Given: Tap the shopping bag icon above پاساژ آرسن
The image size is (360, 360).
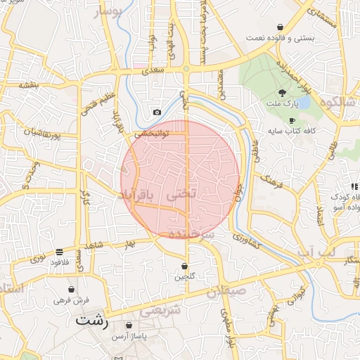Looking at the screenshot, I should [129, 326].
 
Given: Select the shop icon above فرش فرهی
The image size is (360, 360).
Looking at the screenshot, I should [71, 289].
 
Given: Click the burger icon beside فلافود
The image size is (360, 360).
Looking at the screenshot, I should [59, 251].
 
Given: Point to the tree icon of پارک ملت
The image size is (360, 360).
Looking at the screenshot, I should [283, 92].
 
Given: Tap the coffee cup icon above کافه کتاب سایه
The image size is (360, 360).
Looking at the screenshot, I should [292, 120].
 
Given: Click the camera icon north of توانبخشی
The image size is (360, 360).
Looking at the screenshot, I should [157, 112].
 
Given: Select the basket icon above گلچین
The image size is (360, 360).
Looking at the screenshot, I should [184, 266].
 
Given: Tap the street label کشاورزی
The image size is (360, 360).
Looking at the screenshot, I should [250, 243].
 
